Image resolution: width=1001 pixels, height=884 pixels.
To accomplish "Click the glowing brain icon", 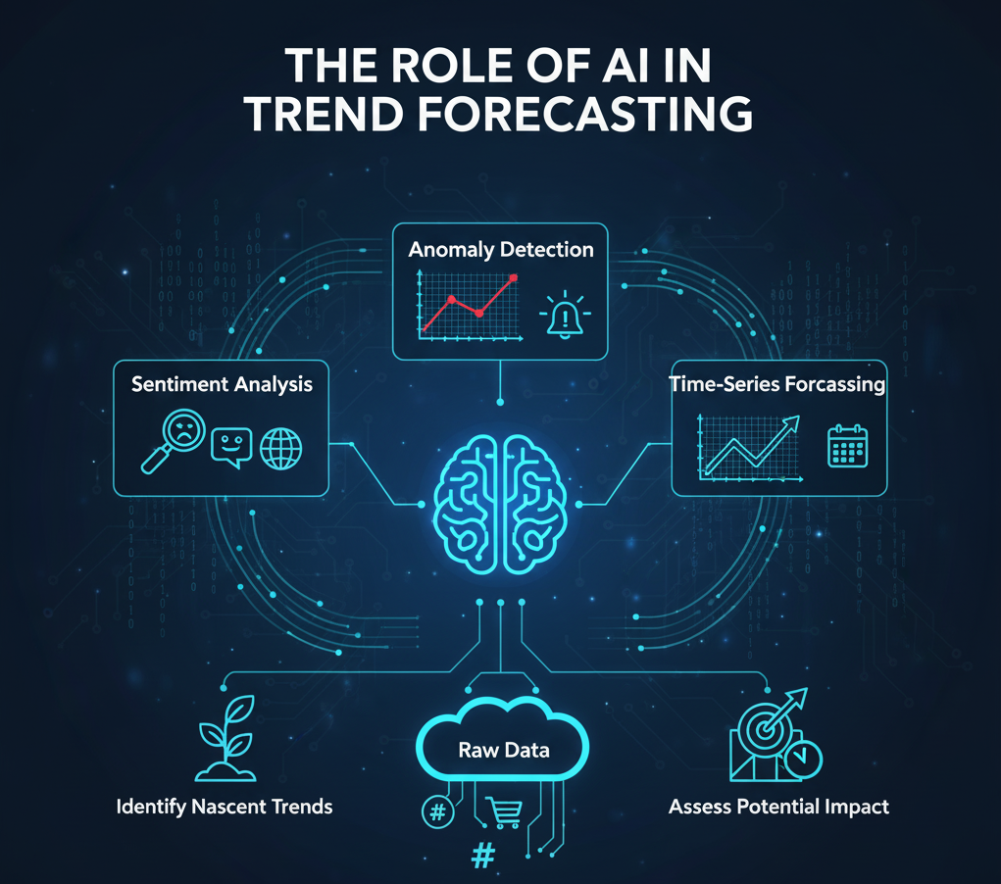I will tap(501, 503).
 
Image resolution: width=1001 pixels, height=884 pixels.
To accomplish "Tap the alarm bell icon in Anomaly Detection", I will tap(562, 316).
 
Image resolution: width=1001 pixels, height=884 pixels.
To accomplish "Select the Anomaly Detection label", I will tap(501, 249).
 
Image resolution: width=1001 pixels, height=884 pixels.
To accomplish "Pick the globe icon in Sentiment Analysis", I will tap(281, 448).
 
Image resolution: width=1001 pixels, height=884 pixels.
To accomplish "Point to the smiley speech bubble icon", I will tap(231, 447).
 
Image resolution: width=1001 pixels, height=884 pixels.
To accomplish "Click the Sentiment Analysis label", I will tap(222, 384).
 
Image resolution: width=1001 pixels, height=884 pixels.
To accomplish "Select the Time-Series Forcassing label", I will tap(777, 384).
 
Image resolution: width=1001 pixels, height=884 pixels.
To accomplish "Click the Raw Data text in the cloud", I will tap(503, 751).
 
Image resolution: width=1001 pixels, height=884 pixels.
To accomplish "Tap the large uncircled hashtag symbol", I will tap(482, 856).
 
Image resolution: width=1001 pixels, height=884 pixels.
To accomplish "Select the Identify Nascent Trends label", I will tap(225, 808).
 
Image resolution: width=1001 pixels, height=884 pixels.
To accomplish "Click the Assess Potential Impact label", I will tap(778, 808).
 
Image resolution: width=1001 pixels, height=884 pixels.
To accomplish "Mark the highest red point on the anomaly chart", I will tap(513, 278).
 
